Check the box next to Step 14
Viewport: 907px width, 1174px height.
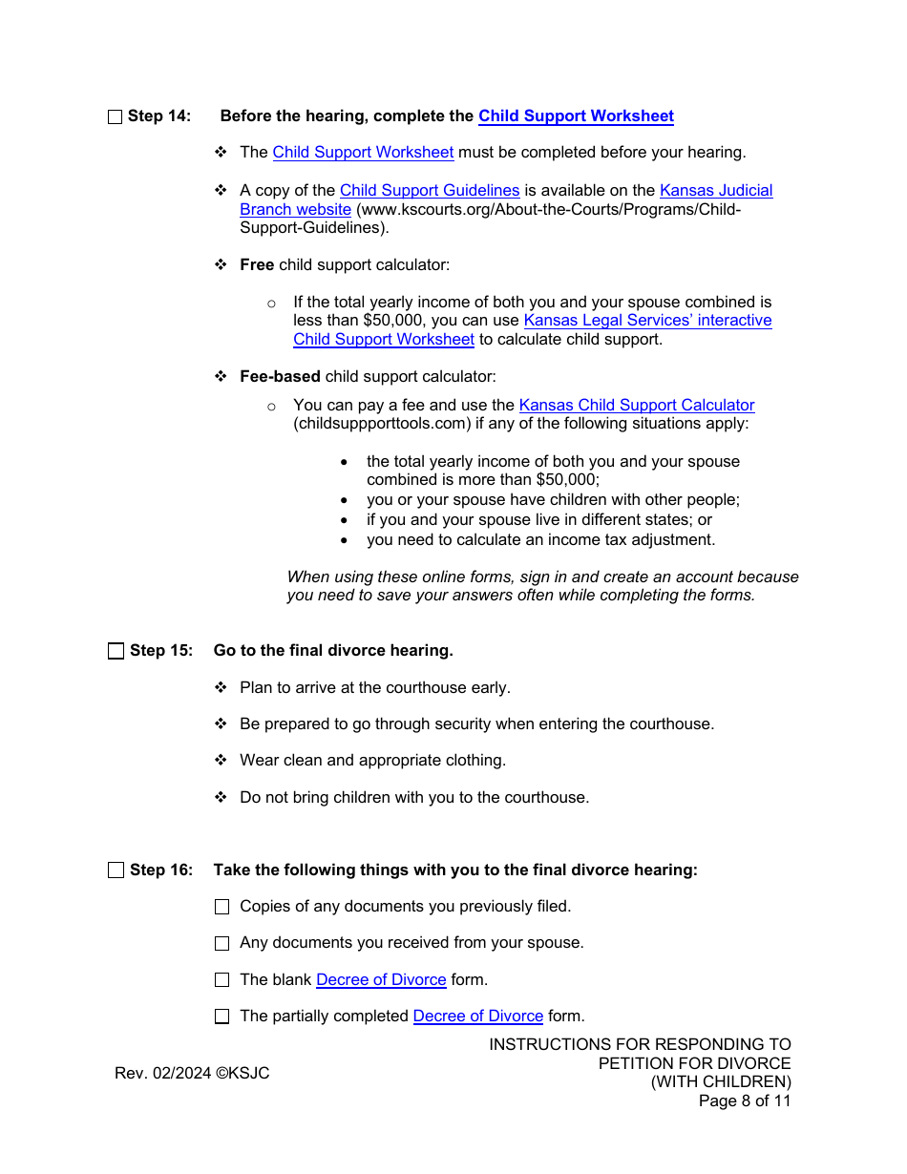click(x=116, y=116)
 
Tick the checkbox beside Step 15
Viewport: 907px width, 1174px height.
click(x=116, y=651)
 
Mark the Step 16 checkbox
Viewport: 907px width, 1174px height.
click(x=116, y=870)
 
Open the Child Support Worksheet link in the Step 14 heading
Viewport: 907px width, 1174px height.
click(x=576, y=116)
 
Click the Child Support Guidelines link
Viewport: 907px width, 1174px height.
click(x=430, y=191)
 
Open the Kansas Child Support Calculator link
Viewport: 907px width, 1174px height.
click(x=637, y=406)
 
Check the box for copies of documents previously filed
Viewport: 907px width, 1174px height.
click(x=222, y=907)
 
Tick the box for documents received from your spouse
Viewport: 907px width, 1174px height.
click(x=222, y=943)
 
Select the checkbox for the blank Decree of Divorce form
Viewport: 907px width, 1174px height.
click(x=222, y=980)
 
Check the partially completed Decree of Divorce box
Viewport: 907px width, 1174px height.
click(x=222, y=1017)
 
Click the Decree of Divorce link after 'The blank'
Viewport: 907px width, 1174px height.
click(x=381, y=980)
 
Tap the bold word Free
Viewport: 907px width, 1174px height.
click(x=257, y=264)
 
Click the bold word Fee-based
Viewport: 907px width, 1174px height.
click(x=280, y=377)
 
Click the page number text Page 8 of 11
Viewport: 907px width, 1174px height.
click(x=745, y=1101)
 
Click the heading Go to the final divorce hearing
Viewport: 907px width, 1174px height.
click(x=333, y=651)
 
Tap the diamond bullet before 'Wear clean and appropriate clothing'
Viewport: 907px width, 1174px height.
click(x=221, y=761)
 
